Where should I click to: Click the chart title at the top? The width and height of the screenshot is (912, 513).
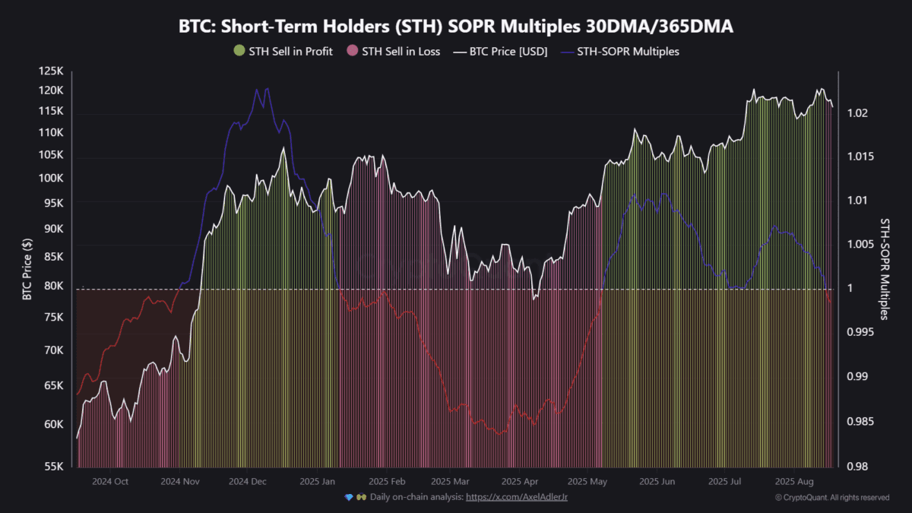(x=456, y=27)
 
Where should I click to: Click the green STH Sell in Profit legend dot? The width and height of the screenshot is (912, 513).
(x=239, y=52)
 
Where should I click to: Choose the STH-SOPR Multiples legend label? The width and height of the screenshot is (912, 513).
(x=629, y=52)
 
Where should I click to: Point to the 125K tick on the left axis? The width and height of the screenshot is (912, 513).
(x=52, y=71)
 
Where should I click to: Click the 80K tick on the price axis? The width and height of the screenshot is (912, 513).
(x=54, y=287)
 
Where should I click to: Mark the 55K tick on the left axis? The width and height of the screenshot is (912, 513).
(x=54, y=466)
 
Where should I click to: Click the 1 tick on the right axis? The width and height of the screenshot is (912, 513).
(x=851, y=289)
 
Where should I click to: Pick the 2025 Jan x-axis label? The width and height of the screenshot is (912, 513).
(x=318, y=481)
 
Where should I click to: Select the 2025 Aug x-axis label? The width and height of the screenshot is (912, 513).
(x=795, y=481)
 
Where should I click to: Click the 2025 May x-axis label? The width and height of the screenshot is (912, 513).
(x=588, y=481)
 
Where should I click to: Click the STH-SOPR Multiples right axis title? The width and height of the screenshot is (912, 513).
(x=885, y=268)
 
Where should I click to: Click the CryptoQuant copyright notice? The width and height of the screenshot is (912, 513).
(x=832, y=498)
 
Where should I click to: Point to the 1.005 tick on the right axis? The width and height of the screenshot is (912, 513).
(x=860, y=245)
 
